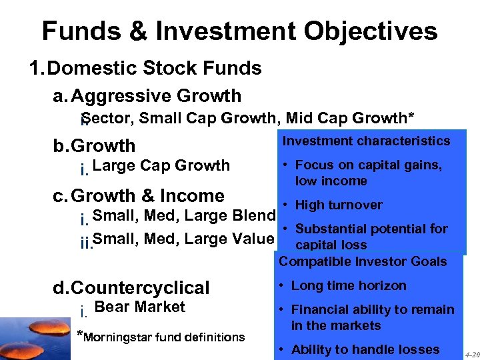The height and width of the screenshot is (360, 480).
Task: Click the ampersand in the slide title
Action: (134, 31)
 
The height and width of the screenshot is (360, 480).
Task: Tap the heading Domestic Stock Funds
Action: (155, 68)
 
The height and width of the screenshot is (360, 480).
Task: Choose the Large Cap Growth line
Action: (161, 165)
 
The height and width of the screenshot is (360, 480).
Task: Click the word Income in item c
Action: (191, 196)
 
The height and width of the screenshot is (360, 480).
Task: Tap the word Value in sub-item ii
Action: (253, 238)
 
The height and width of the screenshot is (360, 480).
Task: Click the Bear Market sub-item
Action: (140, 307)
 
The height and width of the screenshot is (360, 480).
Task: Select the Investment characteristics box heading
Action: (367, 141)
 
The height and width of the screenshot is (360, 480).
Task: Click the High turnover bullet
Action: (339, 205)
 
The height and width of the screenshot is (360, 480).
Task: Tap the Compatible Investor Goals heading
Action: (363, 261)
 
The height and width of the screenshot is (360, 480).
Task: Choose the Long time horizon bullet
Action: (348, 285)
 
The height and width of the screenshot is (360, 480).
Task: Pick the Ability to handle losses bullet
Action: (365, 349)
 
